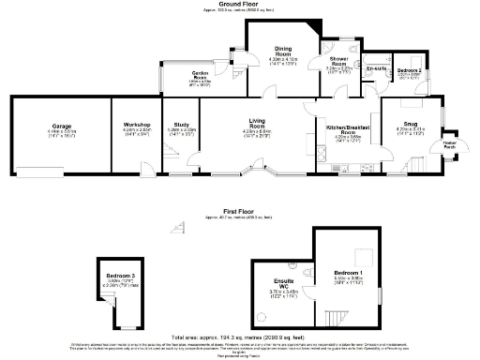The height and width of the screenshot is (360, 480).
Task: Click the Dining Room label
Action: pos(282,52)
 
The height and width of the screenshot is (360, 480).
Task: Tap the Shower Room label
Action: pos(338,61)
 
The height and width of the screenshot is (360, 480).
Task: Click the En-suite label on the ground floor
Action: pos(377,68)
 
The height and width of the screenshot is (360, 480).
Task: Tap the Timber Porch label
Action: pos(449,144)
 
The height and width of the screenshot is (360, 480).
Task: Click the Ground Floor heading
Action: pos(240,4)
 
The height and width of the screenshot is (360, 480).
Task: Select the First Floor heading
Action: pos(240,211)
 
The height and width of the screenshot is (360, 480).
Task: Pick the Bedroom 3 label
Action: pos(122,275)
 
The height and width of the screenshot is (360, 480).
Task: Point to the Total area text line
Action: pos(240,335)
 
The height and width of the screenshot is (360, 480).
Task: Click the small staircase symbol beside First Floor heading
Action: pos(178,226)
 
